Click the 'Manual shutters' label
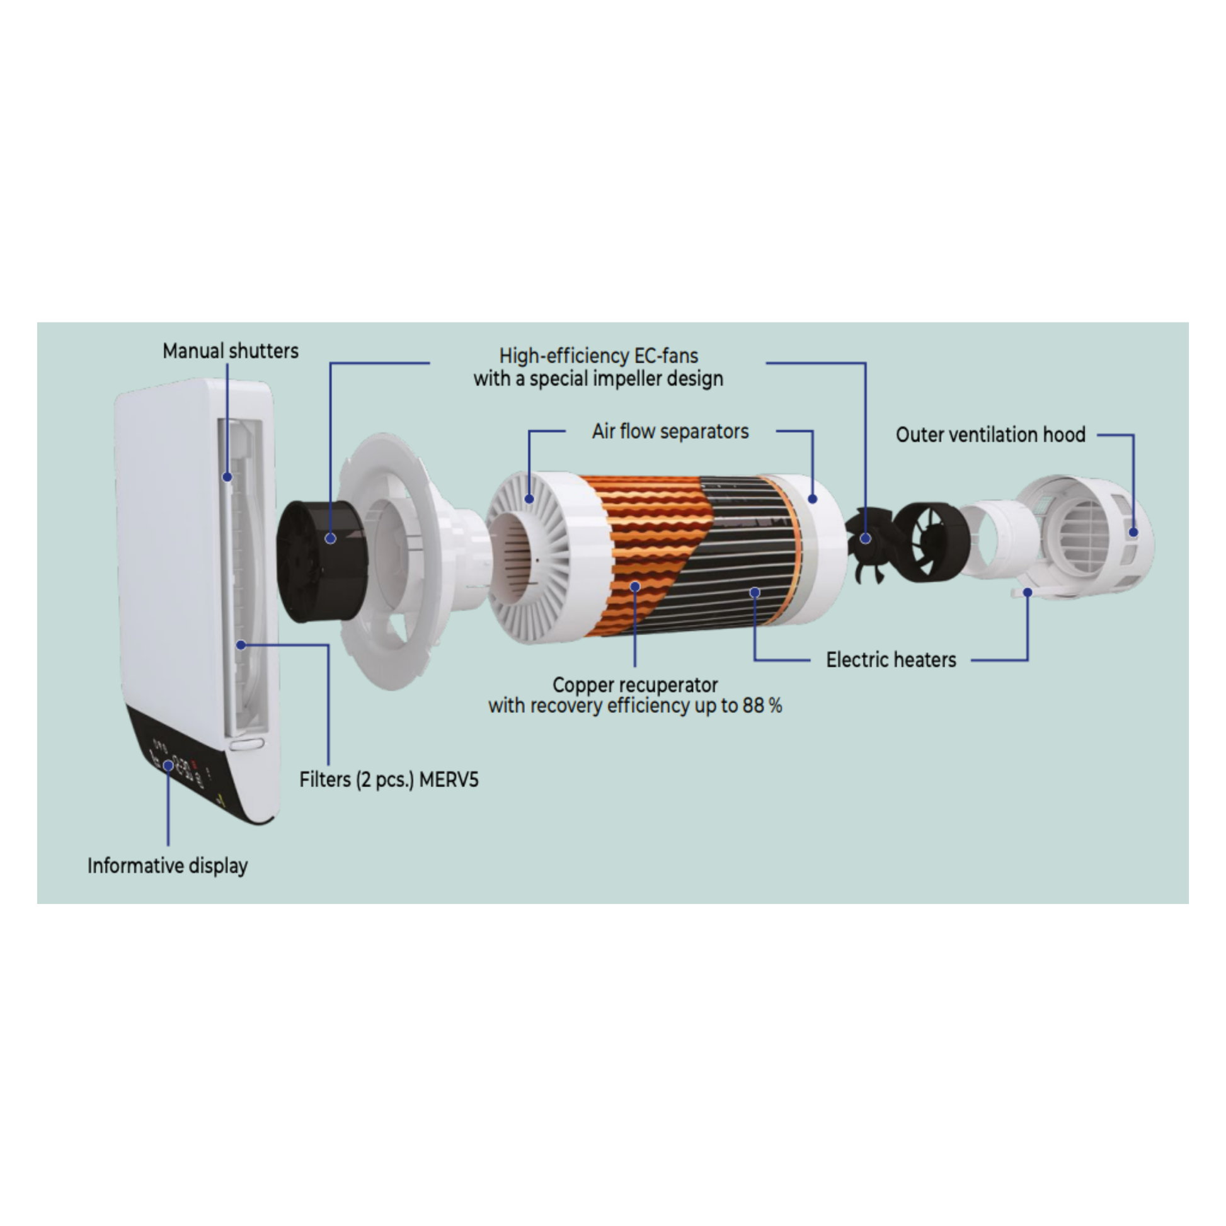click(x=231, y=351)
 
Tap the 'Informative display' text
click(x=168, y=866)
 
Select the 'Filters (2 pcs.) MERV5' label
click(x=389, y=779)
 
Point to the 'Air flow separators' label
click(x=670, y=432)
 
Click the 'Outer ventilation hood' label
click(x=990, y=435)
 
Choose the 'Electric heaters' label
click(x=891, y=660)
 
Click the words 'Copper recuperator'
click(x=635, y=685)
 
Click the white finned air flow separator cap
click(x=546, y=558)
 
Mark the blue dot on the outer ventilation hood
click(x=1133, y=532)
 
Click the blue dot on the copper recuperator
click(x=635, y=587)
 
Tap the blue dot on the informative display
click(x=168, y=766)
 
